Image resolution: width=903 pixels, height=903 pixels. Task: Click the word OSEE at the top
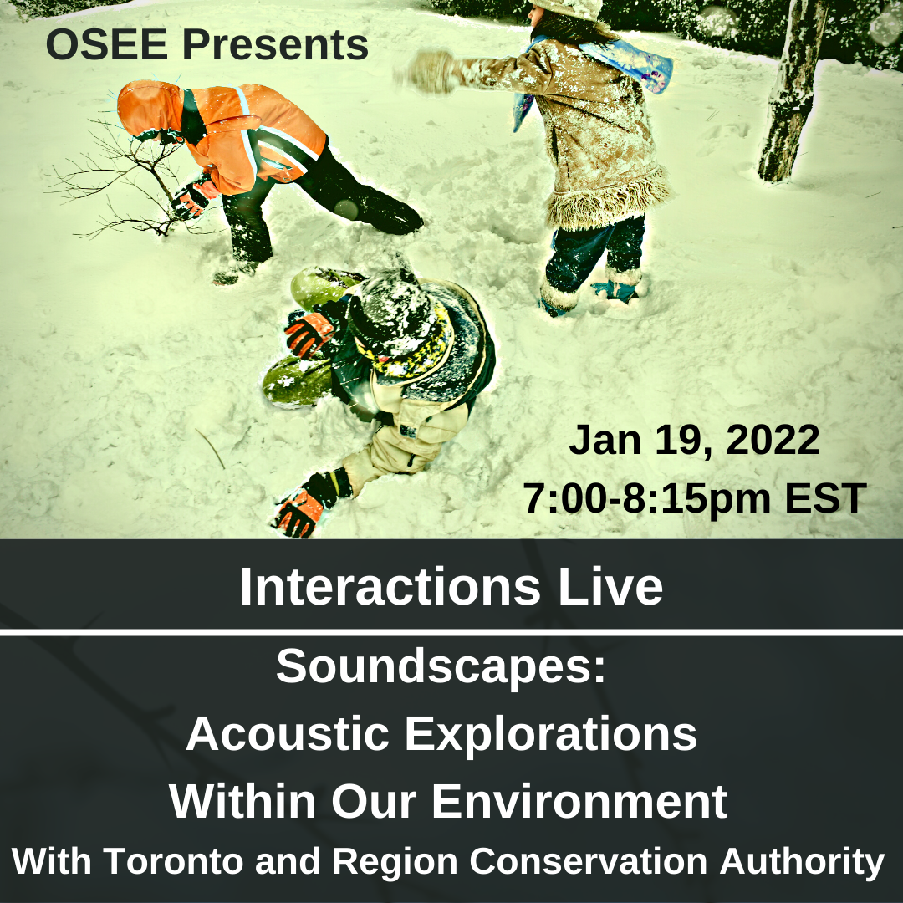point(107,44)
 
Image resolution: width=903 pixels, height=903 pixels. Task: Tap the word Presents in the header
point(275,44)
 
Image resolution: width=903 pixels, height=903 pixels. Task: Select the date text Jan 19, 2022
point(694,441)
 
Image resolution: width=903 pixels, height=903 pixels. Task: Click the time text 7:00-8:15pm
point(646,498)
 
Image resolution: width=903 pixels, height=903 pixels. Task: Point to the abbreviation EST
point(825,498)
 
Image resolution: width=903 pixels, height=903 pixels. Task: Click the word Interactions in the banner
point(390,586)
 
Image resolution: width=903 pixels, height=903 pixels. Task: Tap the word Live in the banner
point(610,586)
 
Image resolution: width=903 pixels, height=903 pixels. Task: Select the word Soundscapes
point(441,666)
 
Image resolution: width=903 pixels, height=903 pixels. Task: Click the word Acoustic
point(288,734)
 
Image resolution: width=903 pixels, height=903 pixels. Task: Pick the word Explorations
point(550,735)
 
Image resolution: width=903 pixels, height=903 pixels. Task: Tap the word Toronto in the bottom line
point(175,861)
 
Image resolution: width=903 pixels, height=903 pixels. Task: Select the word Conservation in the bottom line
point(588,861)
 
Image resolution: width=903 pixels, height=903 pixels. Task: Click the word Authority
point(802,862)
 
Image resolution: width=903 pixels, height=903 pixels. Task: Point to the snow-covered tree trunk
point(792,89)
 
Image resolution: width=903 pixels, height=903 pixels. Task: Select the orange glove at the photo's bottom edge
point(298,512)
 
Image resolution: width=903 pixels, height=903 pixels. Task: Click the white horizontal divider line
point(451,632)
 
